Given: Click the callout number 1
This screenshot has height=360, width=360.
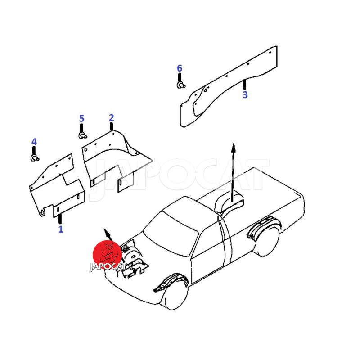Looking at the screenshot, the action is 61,229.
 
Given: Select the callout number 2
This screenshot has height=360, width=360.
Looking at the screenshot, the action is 111,118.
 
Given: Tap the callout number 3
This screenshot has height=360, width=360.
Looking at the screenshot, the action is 245,94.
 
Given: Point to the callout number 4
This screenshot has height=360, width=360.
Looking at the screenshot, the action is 34,142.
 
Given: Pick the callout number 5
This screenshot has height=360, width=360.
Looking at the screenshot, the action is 81,119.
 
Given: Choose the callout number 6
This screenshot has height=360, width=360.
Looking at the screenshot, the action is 179,68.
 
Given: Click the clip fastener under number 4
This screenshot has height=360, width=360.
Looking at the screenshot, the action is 35,158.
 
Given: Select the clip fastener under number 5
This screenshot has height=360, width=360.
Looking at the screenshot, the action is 82,135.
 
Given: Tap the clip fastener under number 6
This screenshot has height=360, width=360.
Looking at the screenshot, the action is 181,85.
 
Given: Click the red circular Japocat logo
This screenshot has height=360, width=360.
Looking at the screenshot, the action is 107,255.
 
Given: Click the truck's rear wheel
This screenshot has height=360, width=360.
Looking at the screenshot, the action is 267,241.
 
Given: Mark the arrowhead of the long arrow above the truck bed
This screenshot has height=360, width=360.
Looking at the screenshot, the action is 234,148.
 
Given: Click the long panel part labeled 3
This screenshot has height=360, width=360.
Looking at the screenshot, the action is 229,87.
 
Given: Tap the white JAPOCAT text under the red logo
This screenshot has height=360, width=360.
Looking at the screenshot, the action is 108,266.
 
